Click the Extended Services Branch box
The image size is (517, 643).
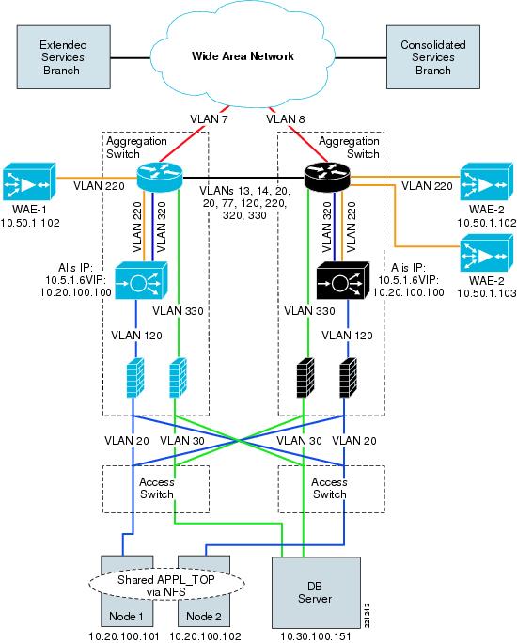64,57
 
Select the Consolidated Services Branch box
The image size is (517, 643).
433,57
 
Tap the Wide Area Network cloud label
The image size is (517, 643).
243,56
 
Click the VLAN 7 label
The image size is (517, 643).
209,119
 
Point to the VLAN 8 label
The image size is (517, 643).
286,119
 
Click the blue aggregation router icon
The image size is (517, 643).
160,177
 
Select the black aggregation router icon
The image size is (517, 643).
327,177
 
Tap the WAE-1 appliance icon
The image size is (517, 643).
29,182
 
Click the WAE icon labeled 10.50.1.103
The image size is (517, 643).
486,253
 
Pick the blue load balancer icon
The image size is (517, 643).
141,281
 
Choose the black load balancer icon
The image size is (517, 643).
343,281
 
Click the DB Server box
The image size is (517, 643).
316,592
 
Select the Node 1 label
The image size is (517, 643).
126,617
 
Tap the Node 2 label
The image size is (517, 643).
204,617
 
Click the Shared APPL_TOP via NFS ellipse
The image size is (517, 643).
166,586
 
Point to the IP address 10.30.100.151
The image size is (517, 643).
316,636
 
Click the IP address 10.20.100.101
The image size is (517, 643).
124,636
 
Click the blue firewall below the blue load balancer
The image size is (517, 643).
134,377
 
